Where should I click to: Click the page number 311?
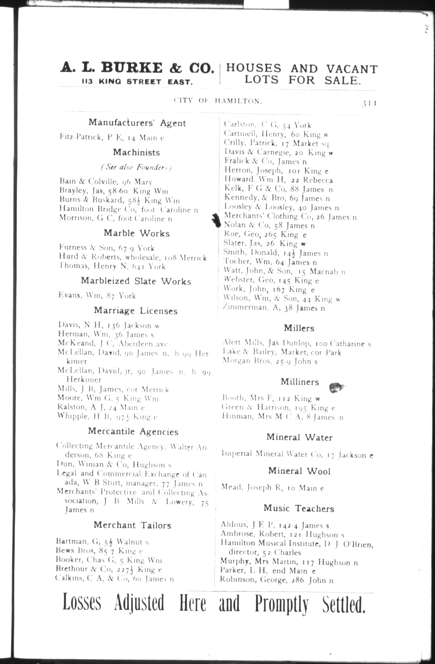point(369,104)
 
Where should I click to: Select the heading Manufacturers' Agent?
point(137,123)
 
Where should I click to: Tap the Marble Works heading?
point(137,233)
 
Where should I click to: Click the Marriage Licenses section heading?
point(136,311)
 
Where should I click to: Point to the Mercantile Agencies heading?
point(133,431)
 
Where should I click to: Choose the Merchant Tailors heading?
point(132,525)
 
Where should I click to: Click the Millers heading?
point(299,328)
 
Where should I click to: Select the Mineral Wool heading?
point(299,471)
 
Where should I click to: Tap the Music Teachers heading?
point(299,508)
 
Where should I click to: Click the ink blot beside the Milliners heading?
point(337,387)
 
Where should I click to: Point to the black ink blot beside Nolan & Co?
point(216,221)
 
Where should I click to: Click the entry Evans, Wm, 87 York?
point(97,296)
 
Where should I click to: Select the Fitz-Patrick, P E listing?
point(112,137)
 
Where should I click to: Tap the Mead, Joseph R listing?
point(272,488)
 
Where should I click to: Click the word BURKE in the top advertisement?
point(131,68)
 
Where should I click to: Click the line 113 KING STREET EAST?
point(137,82)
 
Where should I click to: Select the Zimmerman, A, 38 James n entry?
point(274,308)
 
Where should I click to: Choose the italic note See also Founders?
point(136,167)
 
